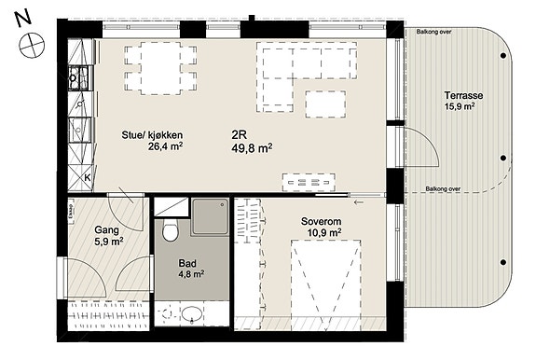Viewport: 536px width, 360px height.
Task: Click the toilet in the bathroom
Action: [170, 229]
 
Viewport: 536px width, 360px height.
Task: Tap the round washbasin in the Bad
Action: [191, 314]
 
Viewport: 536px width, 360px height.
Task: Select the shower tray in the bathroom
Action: [210, 216]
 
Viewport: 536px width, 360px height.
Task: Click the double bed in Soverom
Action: [325, 285]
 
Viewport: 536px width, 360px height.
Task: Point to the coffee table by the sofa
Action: [325, 104]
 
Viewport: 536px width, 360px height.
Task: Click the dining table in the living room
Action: [160, 68]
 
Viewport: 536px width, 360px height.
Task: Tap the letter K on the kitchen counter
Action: [88, 178]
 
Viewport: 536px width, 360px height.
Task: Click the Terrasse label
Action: [463, 95]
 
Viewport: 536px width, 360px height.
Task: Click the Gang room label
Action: [106, 230]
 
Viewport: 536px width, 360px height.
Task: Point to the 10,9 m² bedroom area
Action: [324, 233]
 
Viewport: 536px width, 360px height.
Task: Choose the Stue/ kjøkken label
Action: [152, 135]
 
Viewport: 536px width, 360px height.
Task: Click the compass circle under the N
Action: [32, 45]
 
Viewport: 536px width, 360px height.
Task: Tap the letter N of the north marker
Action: [23, 19]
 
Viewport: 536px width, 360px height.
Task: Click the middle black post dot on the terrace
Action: [503, 158]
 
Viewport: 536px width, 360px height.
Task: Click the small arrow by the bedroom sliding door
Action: [359, 202]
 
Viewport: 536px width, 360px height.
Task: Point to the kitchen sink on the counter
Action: [79, 130]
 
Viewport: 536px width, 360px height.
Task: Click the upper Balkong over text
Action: [433, 32]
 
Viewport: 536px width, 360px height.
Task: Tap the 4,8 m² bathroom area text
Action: [191, 274]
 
